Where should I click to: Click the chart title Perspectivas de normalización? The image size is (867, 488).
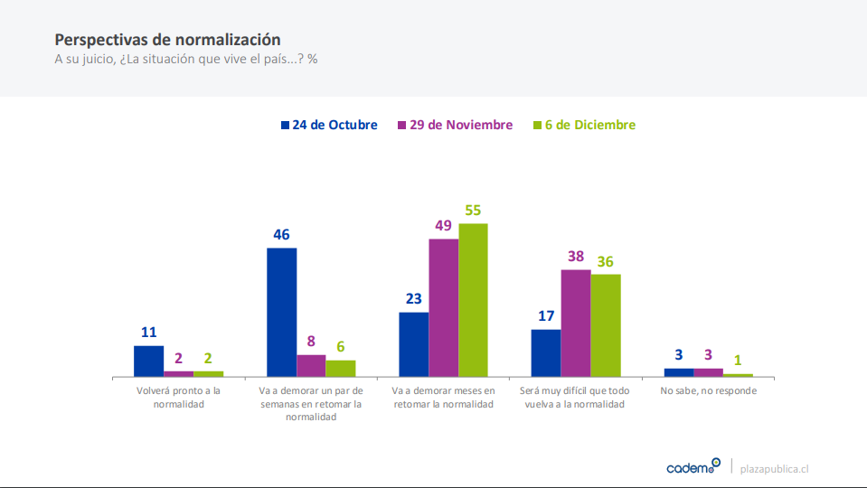[167, 40]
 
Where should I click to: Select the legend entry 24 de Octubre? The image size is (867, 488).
[329, 125]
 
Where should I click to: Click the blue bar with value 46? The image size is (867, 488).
[282, 312]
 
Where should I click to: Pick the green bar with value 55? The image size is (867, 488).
[473, 299]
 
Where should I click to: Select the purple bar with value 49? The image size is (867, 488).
[443, 307]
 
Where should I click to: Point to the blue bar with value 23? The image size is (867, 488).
[414, 343]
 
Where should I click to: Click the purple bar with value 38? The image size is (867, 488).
[576, 323]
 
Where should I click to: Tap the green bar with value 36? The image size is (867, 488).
[606, 324]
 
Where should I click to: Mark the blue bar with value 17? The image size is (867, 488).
[546, 352]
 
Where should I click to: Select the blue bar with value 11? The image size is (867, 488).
[149, 361]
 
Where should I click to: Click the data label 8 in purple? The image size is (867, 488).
[311, 342]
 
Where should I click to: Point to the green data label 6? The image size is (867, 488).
[341, 347]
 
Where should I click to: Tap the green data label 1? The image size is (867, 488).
[738, 361]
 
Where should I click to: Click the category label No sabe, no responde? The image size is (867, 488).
[708, 391]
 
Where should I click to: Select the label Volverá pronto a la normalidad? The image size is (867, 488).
[178, 398]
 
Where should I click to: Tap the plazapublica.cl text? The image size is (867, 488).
[774, 468]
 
